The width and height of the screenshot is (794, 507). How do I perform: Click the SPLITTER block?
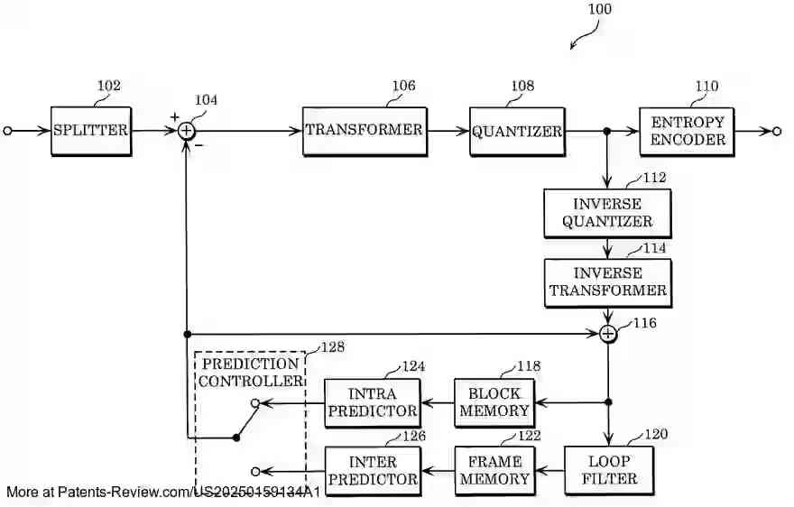pyautogui.click(x=90, y=131)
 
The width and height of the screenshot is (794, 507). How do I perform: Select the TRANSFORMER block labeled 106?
pyautogui.click(x=364, y=131)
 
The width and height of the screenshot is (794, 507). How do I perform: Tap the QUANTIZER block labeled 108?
pyautogui.click(x=517, y=132)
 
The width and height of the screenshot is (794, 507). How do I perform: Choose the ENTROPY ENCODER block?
pyautogui.click(x=688, y=132)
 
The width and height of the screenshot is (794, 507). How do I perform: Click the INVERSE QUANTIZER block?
pyautogui.click(x=607, y=213)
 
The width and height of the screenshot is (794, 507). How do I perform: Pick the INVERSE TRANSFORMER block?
pyautogui.click(x=607, y=282)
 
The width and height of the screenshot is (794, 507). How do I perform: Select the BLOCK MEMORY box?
pyautogui.click(x=494, y=402)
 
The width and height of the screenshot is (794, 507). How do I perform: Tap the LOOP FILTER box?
pyautogui.click(x=608, y=470)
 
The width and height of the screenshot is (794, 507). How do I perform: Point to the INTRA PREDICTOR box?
pyautogui.click(x=373, y=402)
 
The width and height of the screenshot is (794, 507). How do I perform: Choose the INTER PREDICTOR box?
pyautogui.click(x=373, y=470)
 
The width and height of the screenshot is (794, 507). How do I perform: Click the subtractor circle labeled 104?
pyautogui.click(x=186, y=131)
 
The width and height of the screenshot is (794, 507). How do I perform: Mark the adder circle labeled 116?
pyautogui.click(x=608, y=334)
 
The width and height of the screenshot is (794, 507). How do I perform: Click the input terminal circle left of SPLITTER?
pyautogui.click(x=8, y=131)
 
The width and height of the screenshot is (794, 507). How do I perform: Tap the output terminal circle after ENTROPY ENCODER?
pyautogui.click(x=776, y=131)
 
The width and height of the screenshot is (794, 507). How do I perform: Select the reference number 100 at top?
pyautogui.click(x=598, y=10)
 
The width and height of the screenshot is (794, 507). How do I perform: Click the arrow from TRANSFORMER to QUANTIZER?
pyautogui.click(x=448, y=131)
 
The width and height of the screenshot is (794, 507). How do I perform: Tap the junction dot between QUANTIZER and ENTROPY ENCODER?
pyautogui.click(x=608, y=131)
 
